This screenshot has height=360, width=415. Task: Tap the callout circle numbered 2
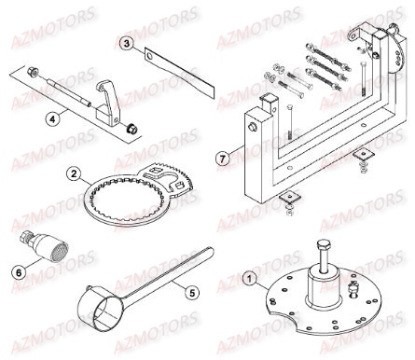pos(73,173)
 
